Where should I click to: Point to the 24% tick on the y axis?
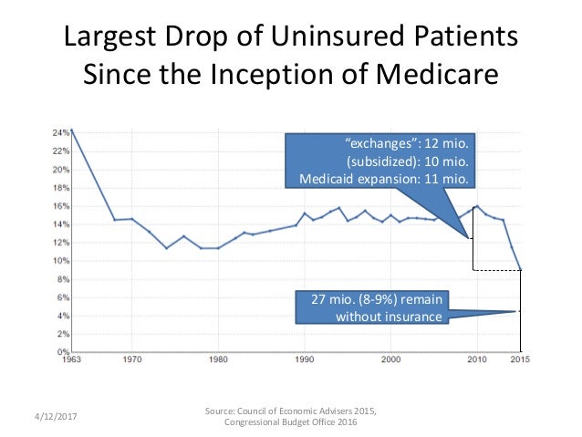point(61,133)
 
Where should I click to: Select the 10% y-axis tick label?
point(61,261)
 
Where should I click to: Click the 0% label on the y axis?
point(63,351)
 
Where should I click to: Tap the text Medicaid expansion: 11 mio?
point(384,179)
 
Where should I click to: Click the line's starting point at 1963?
point(70,130)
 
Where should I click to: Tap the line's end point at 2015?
point(520,270)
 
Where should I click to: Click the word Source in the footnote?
point(225,411)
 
